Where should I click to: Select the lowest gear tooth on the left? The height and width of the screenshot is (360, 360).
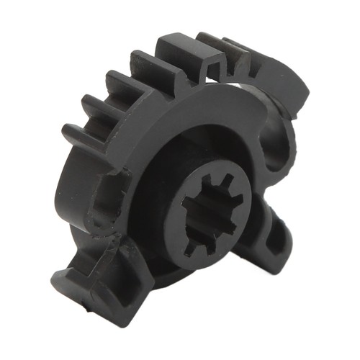point(78,135)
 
